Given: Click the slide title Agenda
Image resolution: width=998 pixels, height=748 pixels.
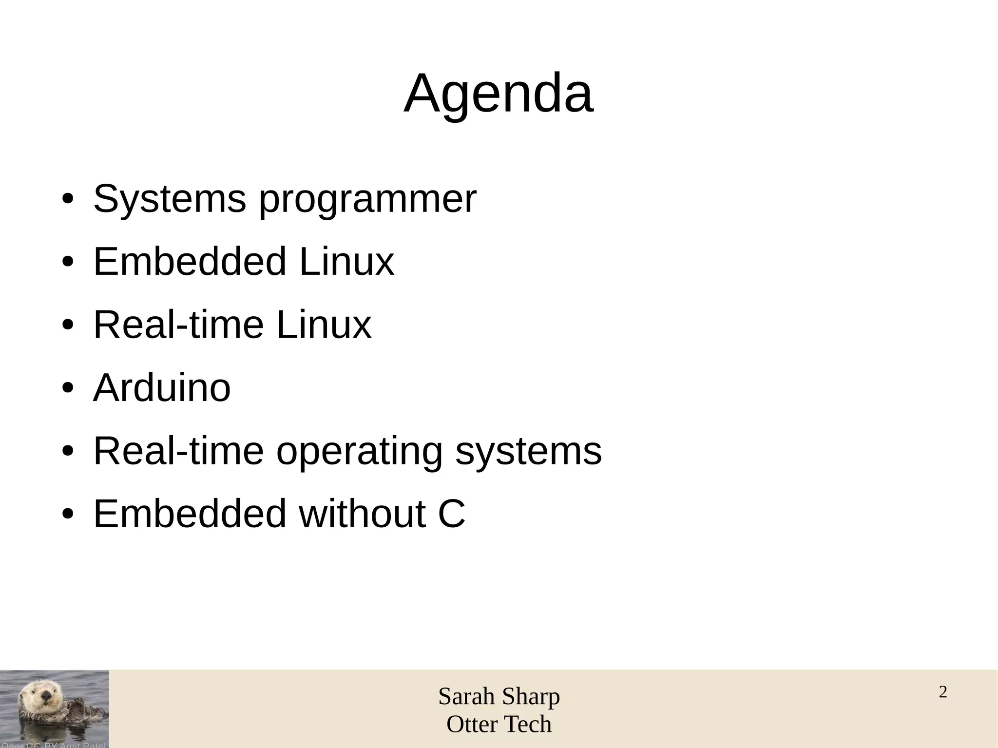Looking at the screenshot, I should point(499,93).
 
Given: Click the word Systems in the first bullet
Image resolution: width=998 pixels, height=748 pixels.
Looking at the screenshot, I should point(170,199).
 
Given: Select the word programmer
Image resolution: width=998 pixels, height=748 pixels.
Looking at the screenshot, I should point(367,200).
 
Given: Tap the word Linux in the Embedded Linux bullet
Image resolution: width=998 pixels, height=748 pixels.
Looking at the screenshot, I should point(346,262).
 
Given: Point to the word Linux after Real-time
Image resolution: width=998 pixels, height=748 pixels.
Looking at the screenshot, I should point(324,325).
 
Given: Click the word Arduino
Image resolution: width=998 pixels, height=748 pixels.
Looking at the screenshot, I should point(162,388).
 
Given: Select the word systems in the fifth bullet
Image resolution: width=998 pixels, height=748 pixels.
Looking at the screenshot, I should point(529,452).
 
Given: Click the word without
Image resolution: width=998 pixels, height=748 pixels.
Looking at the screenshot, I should point(363,514).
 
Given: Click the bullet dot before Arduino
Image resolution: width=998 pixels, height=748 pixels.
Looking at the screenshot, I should point(68,389).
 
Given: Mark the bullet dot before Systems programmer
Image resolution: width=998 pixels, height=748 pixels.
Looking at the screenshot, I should point(68,199).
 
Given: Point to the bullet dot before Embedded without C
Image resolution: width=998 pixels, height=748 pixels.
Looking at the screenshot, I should point(68,515).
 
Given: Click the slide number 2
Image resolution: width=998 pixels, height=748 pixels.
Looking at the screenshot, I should point(943,692).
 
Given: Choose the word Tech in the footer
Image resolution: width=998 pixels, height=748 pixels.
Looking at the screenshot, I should point(530,725).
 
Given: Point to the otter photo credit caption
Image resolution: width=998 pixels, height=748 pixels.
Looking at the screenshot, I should point(53,745).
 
